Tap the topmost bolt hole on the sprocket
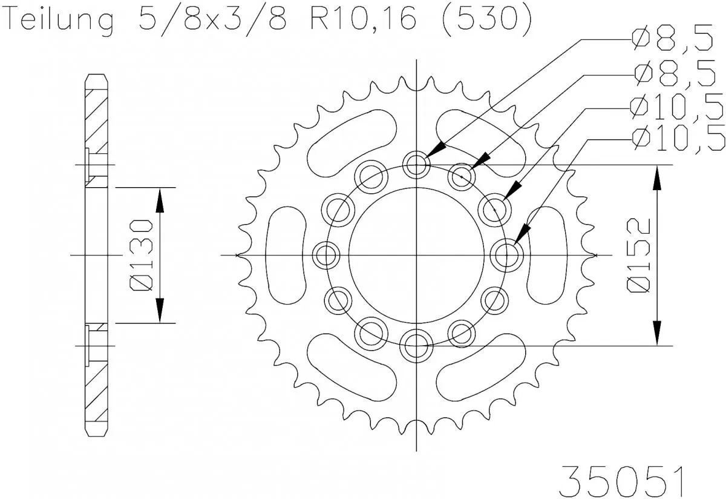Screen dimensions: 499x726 click(416, 164)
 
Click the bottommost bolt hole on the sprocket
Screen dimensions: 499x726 click(416, 346)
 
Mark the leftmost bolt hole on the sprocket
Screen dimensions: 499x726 click(326, 255)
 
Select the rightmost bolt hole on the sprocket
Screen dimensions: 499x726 click(506, 255)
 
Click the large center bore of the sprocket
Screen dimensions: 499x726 click(416, 255)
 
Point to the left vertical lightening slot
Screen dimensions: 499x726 click(284, 255)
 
